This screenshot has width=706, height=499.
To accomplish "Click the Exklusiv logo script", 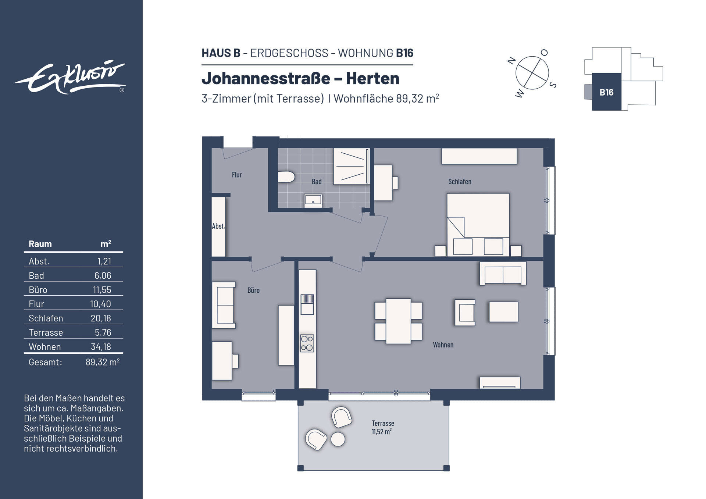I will (x=70, y=78).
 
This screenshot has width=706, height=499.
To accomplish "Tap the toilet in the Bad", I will (x=286, y=177).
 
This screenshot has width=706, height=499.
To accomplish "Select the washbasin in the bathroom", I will (x=313, y=201).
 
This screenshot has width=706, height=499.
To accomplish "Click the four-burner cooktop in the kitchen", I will (x=307, y=343).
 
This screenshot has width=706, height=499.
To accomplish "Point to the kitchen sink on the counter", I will (x=307, y=304).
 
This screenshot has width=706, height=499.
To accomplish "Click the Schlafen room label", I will (x=460, y=182).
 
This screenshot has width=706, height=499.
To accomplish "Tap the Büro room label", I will (x=253, y=291).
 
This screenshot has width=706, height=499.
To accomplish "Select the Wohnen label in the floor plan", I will (x=443, y=345).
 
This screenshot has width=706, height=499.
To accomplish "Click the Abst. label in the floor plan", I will (x=218, y=226).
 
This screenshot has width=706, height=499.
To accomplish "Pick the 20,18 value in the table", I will (x=101, y=318).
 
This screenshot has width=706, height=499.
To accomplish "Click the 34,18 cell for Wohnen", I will (x=101, y=347).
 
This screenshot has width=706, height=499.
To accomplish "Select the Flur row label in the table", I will (x=36, y=304).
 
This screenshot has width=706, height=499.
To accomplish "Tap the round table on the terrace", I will (x=338, y=439).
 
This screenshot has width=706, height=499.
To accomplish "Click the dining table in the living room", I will (x=398, y=321).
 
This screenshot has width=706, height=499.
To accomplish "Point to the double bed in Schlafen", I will (x=478, y=224).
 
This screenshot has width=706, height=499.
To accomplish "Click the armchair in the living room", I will (x=465, y=313).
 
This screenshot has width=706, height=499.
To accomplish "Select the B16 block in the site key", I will (x=606, y=92).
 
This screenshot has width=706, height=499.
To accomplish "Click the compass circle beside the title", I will (x=532, y=73).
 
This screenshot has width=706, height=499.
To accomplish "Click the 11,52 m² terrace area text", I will (x=382, y=432).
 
